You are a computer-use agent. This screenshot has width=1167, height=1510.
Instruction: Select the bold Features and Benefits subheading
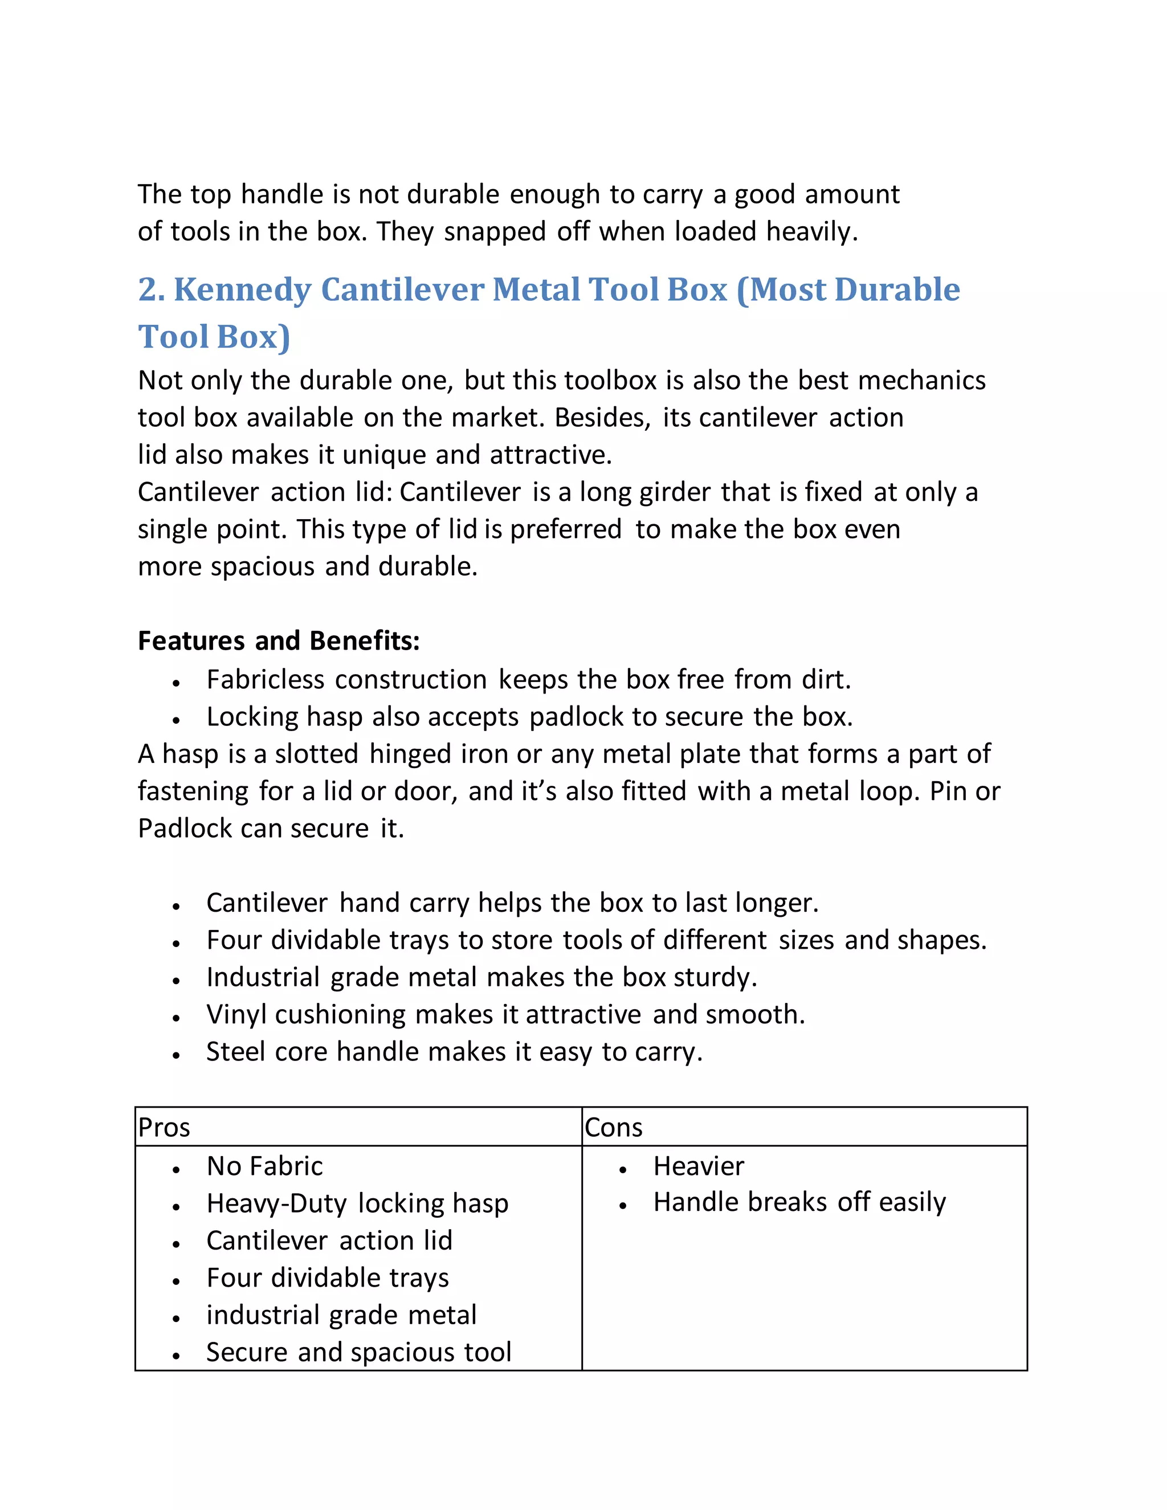[279, 641]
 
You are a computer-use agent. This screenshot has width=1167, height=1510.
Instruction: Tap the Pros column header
[164, 1128]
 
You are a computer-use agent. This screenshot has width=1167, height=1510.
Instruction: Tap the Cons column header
[613, 1128]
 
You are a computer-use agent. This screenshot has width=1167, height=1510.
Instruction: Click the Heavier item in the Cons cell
[698, 1166]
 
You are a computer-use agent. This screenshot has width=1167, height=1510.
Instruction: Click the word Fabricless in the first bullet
[266, 680]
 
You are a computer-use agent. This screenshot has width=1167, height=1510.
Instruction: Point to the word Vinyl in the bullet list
[236, 1015]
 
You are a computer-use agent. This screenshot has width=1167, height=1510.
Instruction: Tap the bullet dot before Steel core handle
[176, 1056]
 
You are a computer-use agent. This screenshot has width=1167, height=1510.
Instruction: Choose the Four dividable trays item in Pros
[328, 1278]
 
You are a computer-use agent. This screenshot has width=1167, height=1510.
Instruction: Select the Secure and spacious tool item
[358, 1352]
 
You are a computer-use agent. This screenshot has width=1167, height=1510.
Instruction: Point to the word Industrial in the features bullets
[263, 978]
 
